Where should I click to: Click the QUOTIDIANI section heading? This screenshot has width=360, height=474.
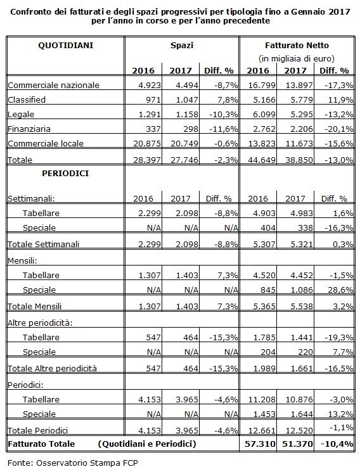tap(65, 46)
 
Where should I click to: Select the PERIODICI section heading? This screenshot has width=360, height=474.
tap(65, 174)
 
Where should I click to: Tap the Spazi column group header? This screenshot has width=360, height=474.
tap(182, 46)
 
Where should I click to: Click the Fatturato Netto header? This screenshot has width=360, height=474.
tap(297, 46)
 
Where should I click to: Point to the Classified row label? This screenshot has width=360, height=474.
tap(27, 99)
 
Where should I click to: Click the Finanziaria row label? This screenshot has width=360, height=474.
tap(29, 129)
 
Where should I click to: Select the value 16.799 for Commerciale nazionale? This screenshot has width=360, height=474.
tap(262, 86)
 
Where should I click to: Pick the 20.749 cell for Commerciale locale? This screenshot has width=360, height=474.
tap(184, 144)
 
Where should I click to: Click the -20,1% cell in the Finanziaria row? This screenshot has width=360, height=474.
tap(339, 129)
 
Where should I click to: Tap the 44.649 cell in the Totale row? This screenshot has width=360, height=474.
tap(262, 160)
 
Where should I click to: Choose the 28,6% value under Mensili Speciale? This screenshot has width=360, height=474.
tap(340, 290)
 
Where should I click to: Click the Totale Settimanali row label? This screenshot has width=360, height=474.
tap(43, 244)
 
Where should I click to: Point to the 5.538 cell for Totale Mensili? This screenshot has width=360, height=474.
tap(299, 307)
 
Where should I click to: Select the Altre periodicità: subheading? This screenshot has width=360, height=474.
tap(40, 323)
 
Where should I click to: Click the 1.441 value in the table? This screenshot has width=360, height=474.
tap(302, 338)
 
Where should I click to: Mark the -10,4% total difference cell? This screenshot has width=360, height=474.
tap(337, 444)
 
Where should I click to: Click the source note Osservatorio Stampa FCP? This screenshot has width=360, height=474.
tap(87, 463)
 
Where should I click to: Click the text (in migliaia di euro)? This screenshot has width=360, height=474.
tap(297, 58)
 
